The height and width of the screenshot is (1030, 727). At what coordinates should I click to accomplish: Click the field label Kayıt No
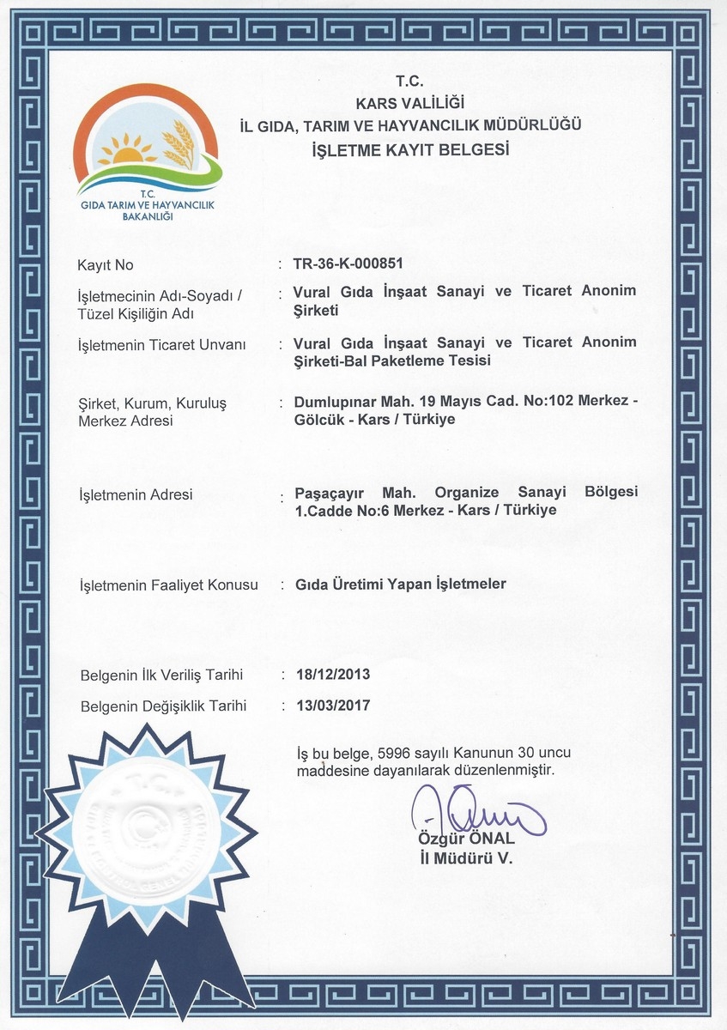click(x=106, y=265)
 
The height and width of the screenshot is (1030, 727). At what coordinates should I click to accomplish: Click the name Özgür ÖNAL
click(x=466, y=839)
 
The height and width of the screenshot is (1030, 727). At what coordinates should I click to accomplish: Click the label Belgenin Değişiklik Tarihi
click(x=163, y=706)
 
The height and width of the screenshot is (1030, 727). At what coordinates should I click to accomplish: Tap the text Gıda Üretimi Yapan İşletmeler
click(x=400, y=584)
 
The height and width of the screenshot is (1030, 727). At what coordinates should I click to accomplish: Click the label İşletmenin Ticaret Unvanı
click(x=162, y=345)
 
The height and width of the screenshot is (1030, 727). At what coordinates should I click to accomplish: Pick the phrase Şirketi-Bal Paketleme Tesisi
click(x=392, y=360)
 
